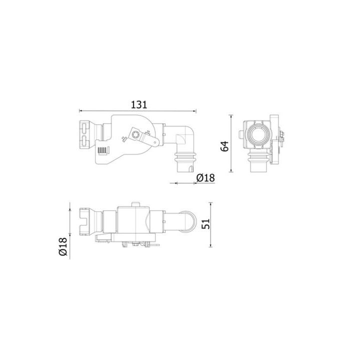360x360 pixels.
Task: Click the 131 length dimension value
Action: (138, 104)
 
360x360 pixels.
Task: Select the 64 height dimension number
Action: (225, 146)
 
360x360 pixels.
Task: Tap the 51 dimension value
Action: (205, 224)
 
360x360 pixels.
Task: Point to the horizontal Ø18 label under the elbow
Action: (205, 177)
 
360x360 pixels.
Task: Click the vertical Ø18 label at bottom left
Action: (62, 246)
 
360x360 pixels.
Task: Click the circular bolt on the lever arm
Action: (135, 134)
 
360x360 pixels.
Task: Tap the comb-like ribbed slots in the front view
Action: (102, 150)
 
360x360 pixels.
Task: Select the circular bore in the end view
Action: (258, 134)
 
